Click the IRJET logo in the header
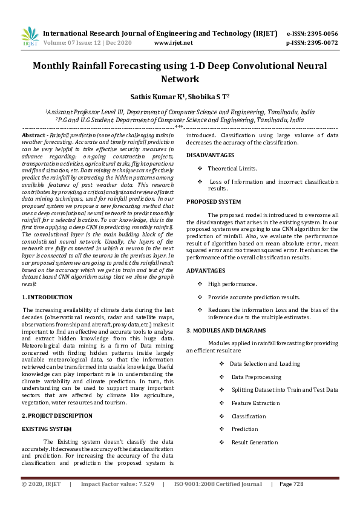pos(30,37)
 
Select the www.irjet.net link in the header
pos(173,43)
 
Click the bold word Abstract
pos(34,136)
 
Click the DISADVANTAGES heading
pos(210,155)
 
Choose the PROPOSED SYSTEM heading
pos(214,201)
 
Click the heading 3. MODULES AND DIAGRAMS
pos(226,330)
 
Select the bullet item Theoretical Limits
pos(232,169)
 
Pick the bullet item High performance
pos(232,284)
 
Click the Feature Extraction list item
pos(249,403)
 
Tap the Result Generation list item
pos(254,443)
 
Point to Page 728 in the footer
pos(290,484)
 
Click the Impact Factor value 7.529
pos(143,484)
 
